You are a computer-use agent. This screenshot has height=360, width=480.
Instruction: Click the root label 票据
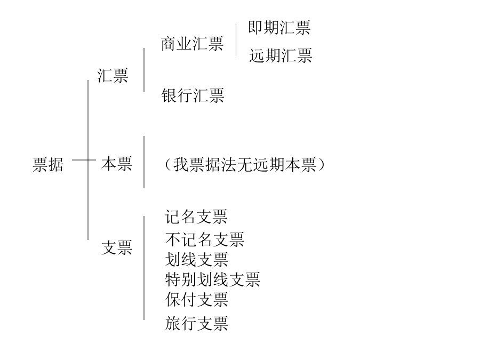point(48,164)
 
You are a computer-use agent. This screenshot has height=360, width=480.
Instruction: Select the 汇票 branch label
point(113,75)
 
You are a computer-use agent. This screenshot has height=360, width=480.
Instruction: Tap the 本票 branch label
point(117,164)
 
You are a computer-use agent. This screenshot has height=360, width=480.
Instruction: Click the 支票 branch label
point(117,247)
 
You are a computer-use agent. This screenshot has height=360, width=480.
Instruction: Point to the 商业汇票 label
point(192,44)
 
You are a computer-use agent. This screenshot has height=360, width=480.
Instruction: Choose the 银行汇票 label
point(193,95)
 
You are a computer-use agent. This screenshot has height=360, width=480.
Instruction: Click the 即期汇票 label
point(279,28)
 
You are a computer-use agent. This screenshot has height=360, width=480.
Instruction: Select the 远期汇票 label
point(281,55)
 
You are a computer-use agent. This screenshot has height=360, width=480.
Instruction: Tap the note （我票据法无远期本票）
point(244,164)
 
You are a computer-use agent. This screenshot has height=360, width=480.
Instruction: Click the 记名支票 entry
point(196,217)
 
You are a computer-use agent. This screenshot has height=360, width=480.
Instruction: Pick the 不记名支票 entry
point(204,239)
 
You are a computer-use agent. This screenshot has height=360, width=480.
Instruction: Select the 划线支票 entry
point(196,260)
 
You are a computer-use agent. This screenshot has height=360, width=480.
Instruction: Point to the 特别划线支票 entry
point(212,279)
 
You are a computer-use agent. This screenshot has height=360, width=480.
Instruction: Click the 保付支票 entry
point(196,299)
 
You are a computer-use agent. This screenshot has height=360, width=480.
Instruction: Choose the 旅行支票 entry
point(196,323)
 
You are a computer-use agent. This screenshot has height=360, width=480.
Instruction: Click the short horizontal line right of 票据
point(84,160)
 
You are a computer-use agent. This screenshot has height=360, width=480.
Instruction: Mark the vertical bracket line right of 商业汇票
point(236,40)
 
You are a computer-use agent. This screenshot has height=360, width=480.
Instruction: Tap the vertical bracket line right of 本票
point(144,162)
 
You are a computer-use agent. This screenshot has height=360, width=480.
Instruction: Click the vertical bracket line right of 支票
point(144,268)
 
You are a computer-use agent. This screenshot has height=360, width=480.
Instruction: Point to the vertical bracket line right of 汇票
point(144,70)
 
